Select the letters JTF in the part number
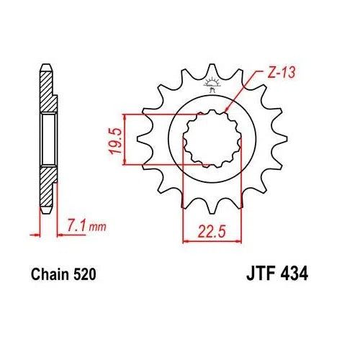click(254, 275)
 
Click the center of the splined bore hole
click(210, 140)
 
